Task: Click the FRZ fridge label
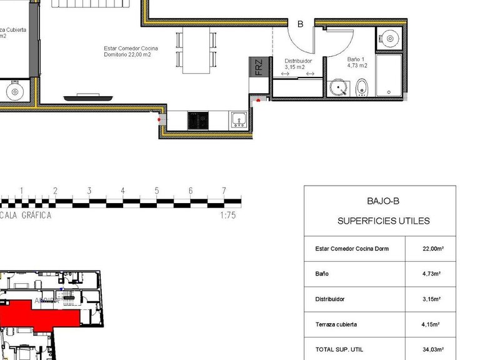point(258,67)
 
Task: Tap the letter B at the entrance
point(300,24)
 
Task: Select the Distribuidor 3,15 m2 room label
point(294,64)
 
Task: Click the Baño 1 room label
point(357,62)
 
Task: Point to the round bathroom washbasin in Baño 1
point(339,87)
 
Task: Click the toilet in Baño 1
point(362,88)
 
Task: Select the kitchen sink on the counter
point(238,120)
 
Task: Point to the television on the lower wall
point(87,97)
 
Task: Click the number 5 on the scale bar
point(157,191)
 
